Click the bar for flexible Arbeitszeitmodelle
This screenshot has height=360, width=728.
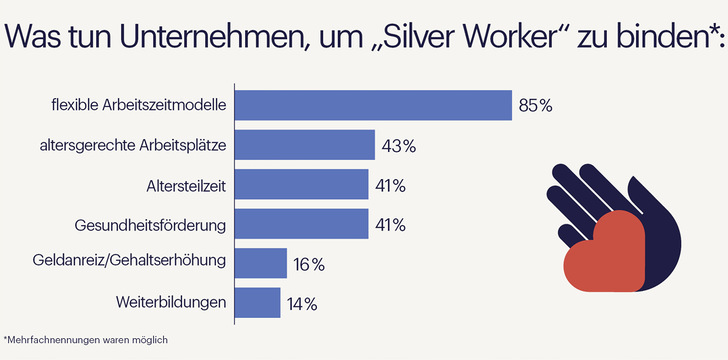(372, 105)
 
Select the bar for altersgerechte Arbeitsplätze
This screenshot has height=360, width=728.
(304, 145)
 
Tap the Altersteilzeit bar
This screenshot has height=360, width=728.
(301, 185)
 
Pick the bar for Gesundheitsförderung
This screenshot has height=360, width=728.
(301, 224)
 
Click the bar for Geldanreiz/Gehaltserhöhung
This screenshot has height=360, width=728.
(260, 263)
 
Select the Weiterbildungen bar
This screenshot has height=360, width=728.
(257, 302)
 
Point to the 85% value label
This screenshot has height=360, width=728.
(535, 106)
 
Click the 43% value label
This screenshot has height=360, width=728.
(398, 146)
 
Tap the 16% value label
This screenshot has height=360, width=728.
(309, 264)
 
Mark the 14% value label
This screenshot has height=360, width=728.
(303, 303)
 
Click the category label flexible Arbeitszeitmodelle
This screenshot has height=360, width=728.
(139, 105)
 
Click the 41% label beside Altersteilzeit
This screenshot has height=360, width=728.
(390, 185)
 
